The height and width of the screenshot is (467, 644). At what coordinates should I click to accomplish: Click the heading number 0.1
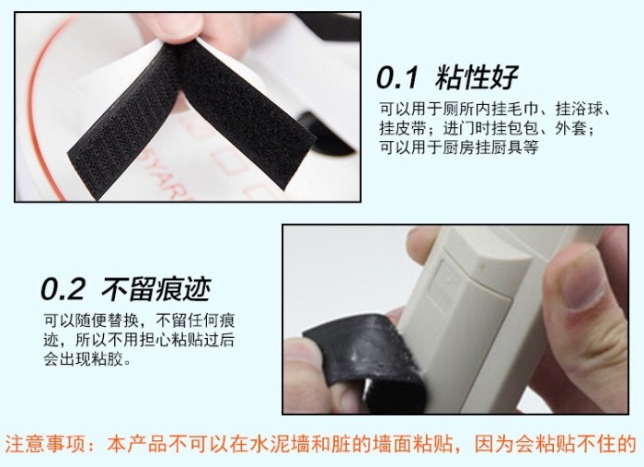coord(397,77)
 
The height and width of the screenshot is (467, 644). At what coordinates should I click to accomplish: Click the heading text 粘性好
coord(477,77)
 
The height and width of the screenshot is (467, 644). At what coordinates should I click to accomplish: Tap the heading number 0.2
coord(63,289)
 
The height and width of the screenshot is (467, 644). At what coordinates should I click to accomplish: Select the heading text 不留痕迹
coord(156,289)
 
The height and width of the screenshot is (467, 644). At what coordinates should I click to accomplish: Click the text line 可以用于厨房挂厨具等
coord(459,146)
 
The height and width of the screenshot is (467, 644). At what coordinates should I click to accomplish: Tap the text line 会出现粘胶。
coord(87,359)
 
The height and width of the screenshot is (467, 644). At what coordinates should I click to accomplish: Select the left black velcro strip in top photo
coord(123,119)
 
